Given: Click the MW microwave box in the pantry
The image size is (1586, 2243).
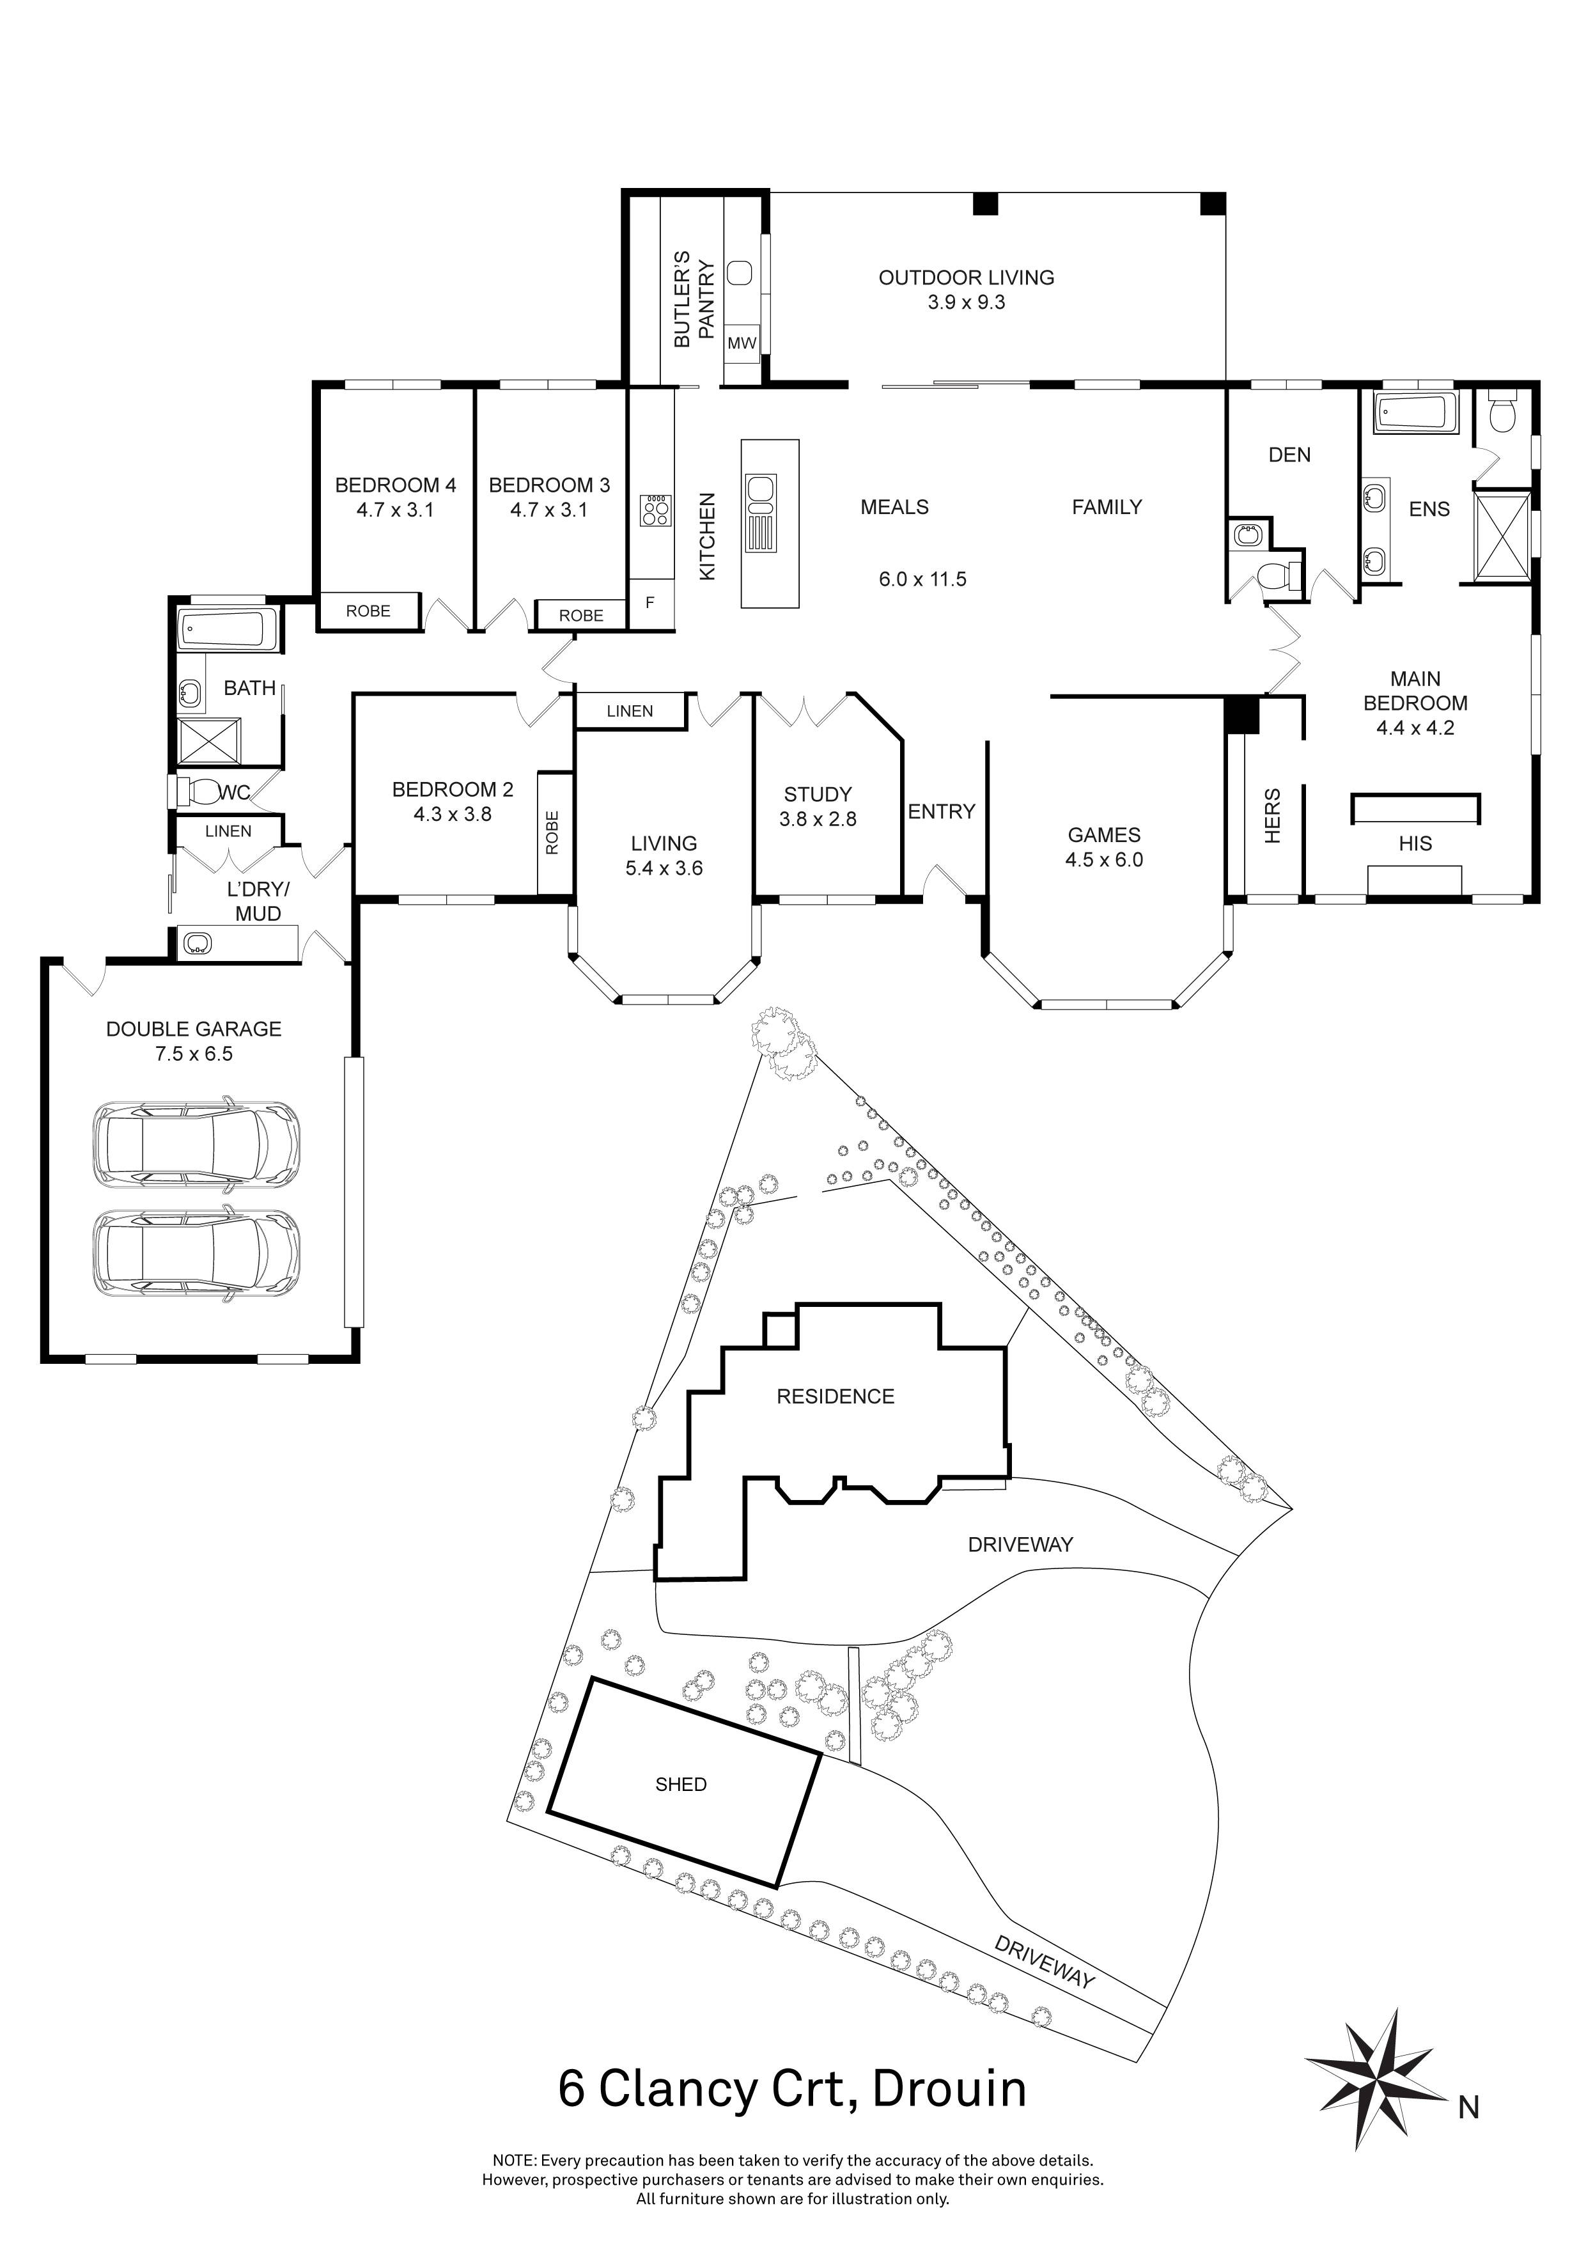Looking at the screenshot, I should [x=742, y=343].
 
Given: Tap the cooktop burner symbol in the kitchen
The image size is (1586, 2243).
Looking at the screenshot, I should [x=655, y=511].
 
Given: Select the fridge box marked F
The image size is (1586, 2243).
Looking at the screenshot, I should [x=649, y=604].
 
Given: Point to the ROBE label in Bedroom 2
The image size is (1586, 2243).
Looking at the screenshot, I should [x=553, y=832].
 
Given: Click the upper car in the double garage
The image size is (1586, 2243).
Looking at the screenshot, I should [x=196, y=1146].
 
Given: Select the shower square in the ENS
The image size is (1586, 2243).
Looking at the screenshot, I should [x=1501, y=536].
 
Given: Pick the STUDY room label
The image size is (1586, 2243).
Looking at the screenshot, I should [x=818, y=794].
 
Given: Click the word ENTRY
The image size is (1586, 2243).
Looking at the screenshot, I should [x=942, y=812].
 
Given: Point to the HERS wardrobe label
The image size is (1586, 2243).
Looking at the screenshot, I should [x=1271, y=816].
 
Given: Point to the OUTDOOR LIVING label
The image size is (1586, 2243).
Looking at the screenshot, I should [x=966, y=277].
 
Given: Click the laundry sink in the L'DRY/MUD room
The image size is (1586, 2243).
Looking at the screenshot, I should [x=198, y=942].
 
